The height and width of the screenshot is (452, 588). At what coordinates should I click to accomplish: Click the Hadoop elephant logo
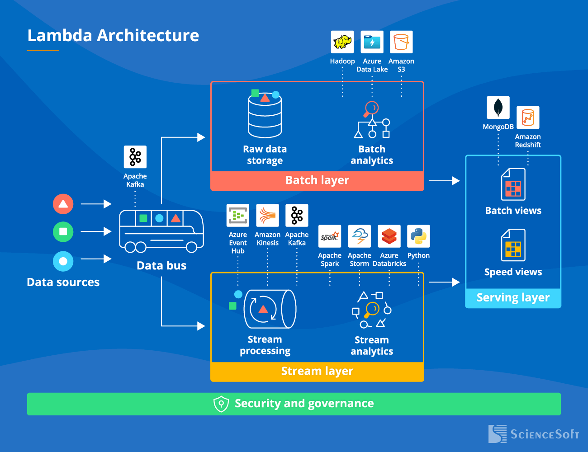(x=342, y=42)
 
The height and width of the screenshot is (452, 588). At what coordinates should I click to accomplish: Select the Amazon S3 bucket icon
(x=401, y=42)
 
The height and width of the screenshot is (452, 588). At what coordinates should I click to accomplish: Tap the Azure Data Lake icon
(x=372, y=42)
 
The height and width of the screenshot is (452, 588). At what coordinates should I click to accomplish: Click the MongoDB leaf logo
(x=498, y=108)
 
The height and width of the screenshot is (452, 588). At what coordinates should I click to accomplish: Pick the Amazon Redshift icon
(x=528, y=118)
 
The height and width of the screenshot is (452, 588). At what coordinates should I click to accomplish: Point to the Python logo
(x=418, y=236)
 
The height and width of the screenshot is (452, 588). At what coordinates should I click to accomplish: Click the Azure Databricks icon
(x=389, y=236)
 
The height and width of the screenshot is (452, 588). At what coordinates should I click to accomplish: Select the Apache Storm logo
(x=360, y=236)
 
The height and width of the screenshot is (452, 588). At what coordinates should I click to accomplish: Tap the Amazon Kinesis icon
(x=267, y=216)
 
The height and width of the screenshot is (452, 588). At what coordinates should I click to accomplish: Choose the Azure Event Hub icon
(x=238, y=216)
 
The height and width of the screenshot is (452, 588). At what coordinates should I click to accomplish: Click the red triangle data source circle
(x=63, y=204)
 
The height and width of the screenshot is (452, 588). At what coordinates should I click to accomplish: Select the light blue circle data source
(x=63, y=261)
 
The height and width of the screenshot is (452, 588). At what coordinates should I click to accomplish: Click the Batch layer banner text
(x=317, y=180)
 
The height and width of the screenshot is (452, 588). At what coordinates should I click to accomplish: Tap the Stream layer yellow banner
(x=317, y=371)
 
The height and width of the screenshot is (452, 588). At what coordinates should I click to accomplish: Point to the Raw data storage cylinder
(x=265, y=116)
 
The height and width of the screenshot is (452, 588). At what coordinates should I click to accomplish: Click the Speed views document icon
(x=513, y=245)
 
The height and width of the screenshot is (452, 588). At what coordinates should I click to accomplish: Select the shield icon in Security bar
(x=221, y=404)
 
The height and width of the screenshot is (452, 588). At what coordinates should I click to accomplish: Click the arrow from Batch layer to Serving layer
(x=444, y=181)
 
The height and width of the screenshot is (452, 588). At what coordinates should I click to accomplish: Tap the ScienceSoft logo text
(x=544, y=434)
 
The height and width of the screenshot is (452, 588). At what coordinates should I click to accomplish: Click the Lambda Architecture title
(x=113, y=36)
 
